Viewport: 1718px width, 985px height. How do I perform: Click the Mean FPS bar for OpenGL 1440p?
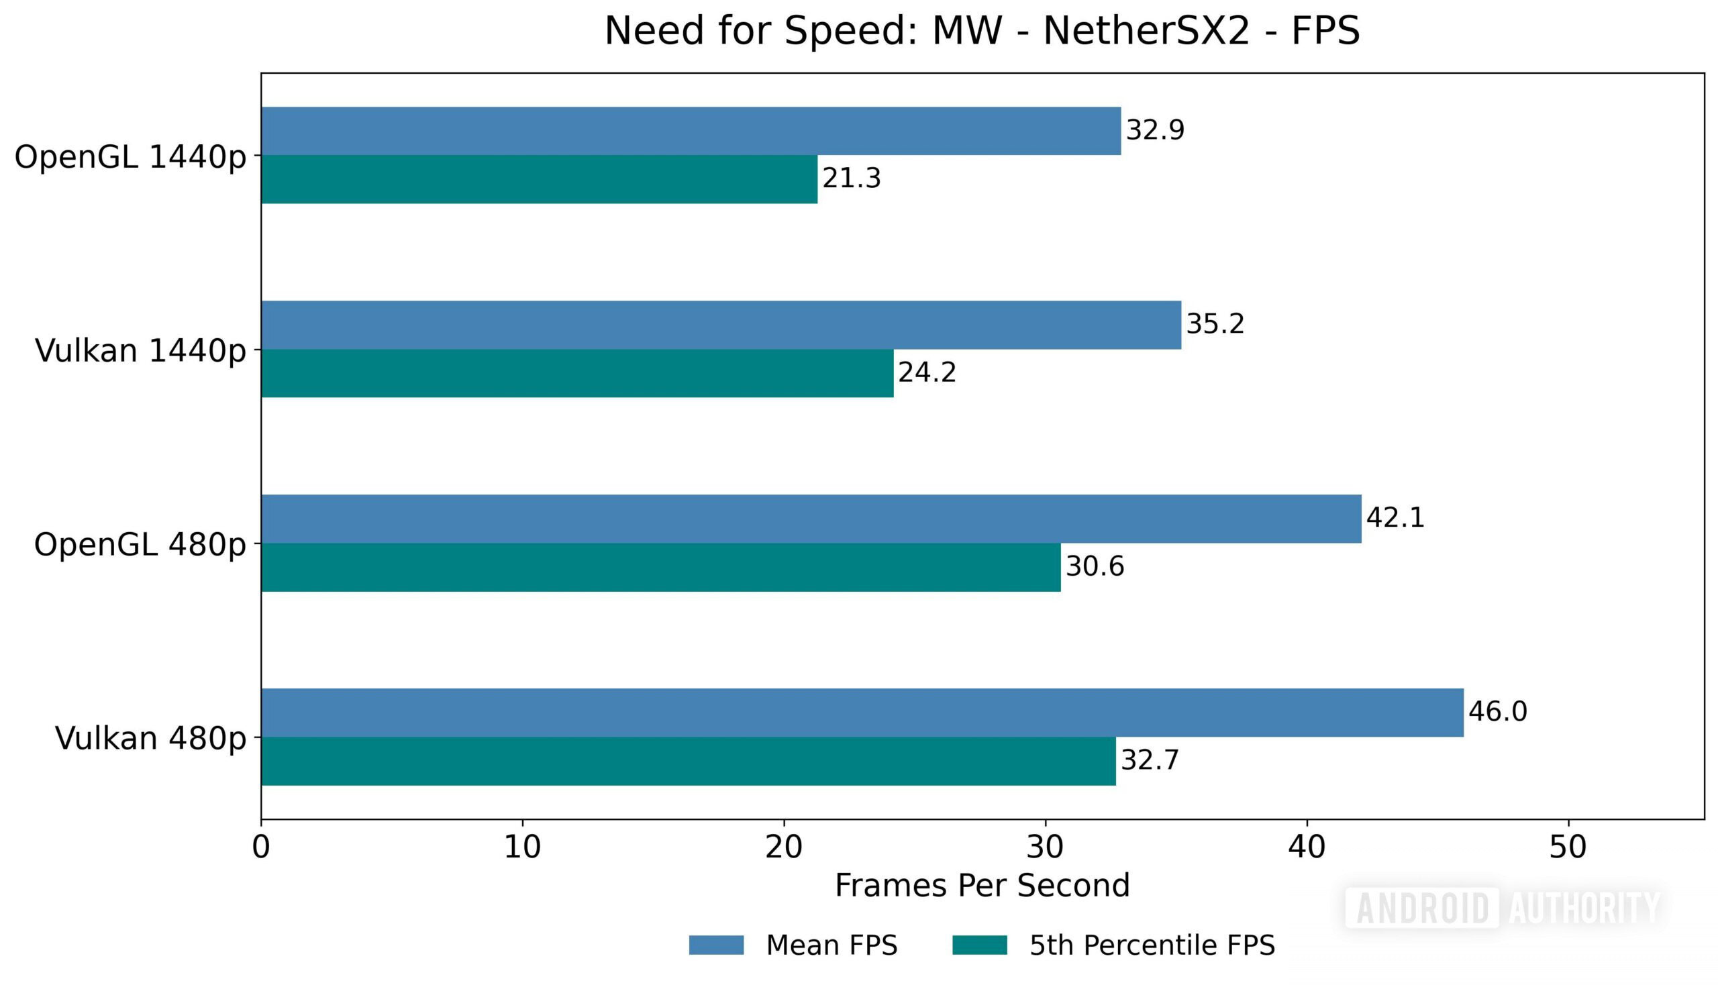(690, 131)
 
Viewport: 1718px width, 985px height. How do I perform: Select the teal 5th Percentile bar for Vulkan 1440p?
(576, 374)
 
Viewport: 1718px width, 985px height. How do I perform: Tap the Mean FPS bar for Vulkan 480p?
(862, 713)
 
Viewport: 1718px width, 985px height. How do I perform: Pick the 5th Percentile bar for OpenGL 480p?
(660, 567)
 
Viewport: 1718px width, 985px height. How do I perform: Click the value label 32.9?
(1154, 130)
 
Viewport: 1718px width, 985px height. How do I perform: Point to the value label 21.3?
(850, 178)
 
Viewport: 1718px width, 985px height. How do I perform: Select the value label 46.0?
(1497, 712)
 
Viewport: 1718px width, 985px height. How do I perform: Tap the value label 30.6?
(1094, 566)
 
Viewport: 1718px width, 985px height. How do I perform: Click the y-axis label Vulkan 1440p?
(140, 350)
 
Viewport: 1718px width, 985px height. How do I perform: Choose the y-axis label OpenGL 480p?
(140, 545)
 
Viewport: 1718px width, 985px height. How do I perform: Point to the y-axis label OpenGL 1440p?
(130, 157)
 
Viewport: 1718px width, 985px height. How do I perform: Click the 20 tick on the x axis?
(784, 847)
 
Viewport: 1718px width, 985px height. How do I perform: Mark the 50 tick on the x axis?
(1567, 847)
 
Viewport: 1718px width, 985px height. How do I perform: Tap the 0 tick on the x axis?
(261, 847)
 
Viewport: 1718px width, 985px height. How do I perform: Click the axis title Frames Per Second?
(982, 886)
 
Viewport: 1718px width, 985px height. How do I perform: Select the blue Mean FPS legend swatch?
(716, 945)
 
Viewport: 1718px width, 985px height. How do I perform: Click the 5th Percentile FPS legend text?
(1152, 945)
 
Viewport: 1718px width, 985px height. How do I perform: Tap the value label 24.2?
(926, 373)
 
